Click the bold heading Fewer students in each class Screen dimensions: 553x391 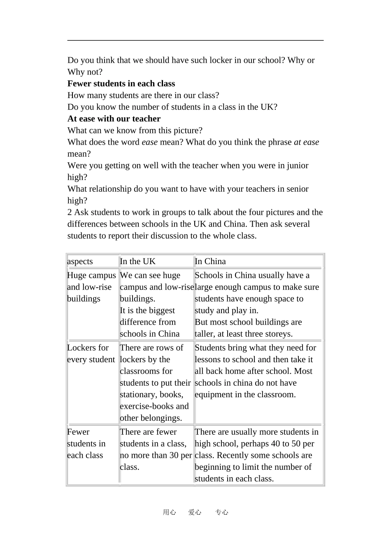coord(121,84)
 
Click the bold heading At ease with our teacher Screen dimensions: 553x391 coord(114,119)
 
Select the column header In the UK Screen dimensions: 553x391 coord(137,261)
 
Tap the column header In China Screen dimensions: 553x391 coord(210,261)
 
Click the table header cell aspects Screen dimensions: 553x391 coord(80,261)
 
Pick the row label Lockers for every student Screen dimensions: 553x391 coord(91,354)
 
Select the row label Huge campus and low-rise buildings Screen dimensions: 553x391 coord(91,287)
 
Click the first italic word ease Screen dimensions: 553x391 coord(149,142)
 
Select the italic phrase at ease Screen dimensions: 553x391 coord(306,142)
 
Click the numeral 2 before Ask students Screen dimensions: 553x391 coord(70,212)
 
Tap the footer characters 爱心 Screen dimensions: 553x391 coord(195,512)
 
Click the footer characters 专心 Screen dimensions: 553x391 coord(221,512)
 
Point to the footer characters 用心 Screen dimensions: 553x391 coord(169,512)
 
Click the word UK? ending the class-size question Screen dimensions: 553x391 coord(269,107)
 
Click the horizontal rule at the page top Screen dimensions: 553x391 coord(195,40)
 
